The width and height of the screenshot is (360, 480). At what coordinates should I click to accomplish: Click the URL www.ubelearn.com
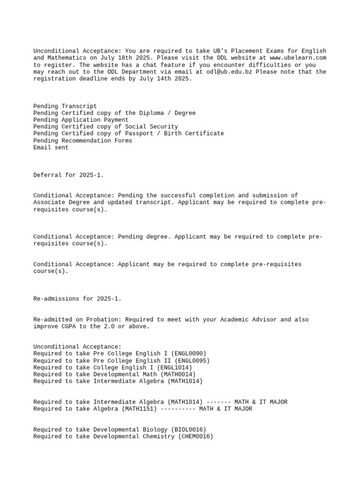[x=298, y=58]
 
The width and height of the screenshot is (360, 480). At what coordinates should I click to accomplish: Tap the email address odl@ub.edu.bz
[x=231, y=72]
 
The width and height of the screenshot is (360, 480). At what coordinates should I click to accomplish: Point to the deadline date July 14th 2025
[x=167, y=79]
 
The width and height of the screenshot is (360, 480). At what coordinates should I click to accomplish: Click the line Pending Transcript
[x=65, y=106]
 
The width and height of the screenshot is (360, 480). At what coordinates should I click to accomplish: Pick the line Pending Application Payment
[x=81, y=120]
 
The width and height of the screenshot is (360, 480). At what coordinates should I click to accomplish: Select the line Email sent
[x=51, y=147]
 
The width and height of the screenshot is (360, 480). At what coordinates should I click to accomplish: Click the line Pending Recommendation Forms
[x=83, y=141]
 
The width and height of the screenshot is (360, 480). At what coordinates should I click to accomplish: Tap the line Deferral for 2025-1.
[x=69, y=175]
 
